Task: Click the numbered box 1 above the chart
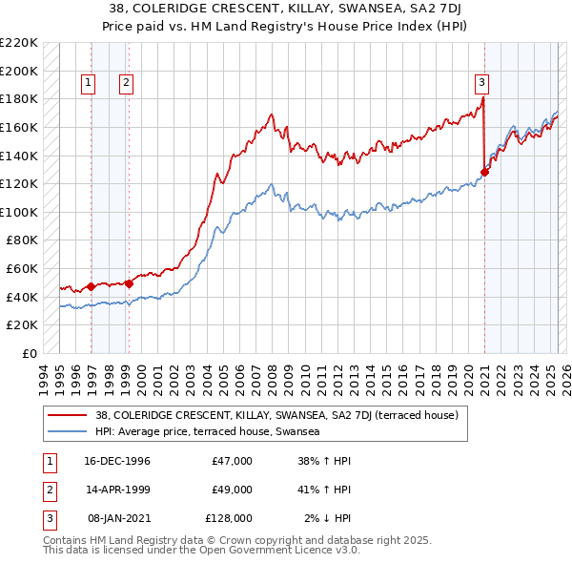[x=88, y=83]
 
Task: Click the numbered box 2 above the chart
[x=126, y=83]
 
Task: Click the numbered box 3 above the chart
[x=482, y=83]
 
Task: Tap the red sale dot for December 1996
[x=91, y=285]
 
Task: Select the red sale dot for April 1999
[x=129, y=283]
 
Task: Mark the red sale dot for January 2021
[x=484, y=172]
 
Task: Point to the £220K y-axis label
[x=20, y=43]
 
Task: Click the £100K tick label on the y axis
[x=20, y=212]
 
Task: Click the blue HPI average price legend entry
[x=206, y=431]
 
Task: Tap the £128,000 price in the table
[x=229, y=518]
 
